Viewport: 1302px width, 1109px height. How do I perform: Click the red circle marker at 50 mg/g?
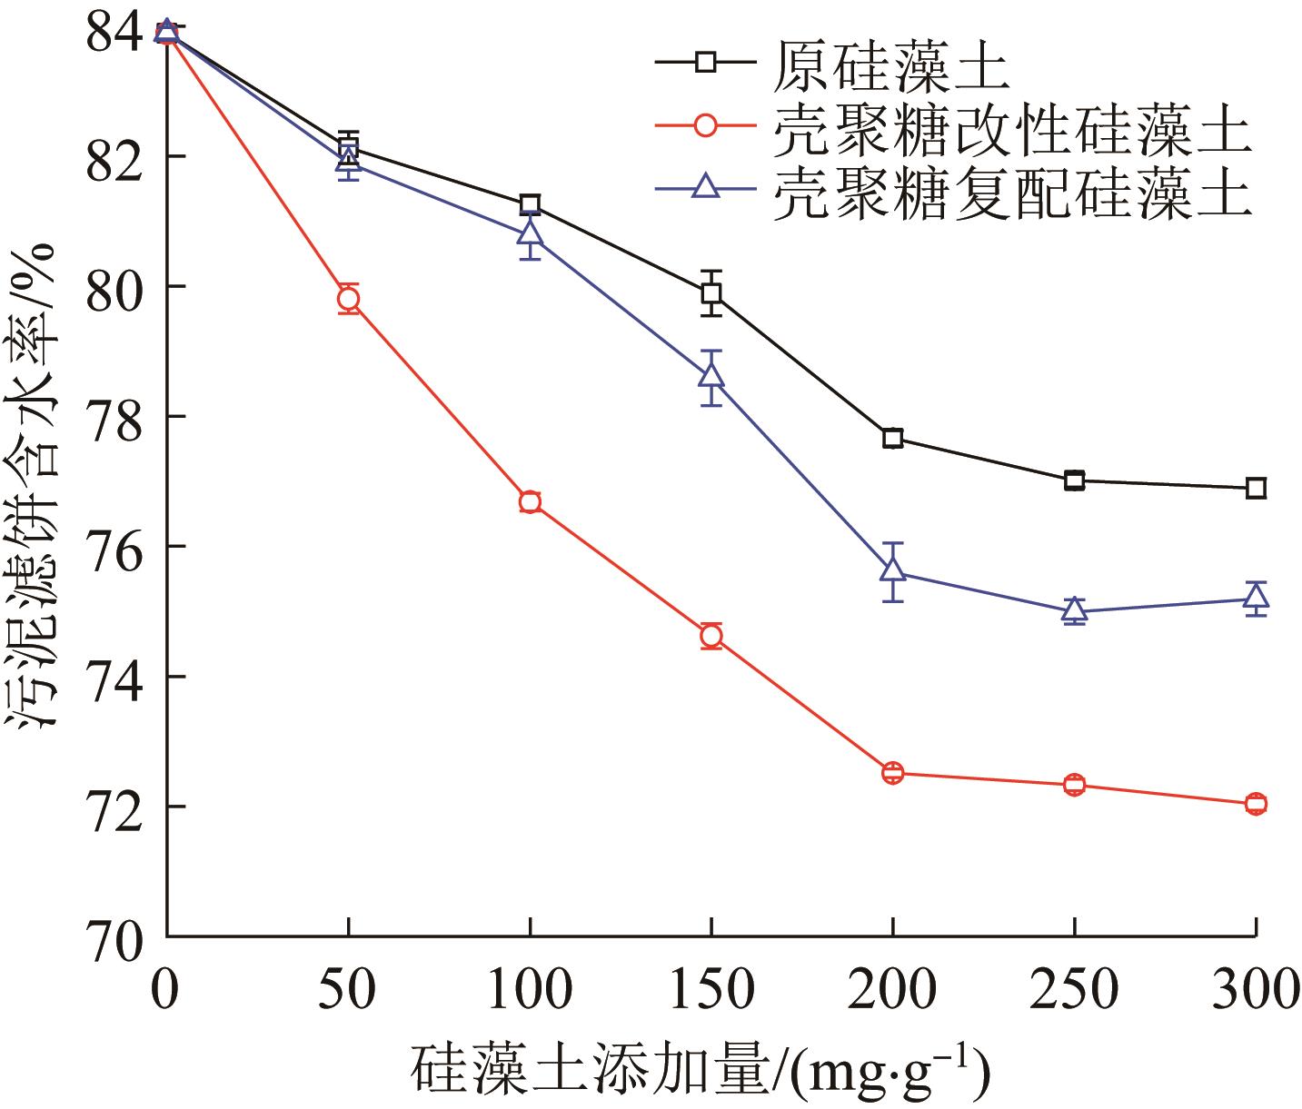(x=348, y=299)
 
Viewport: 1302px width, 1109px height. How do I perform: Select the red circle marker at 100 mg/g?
(x=530, y=502)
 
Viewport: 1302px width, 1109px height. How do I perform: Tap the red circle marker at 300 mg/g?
(x=1256, y=804)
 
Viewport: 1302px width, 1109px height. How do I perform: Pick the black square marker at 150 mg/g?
(x=711, y=292)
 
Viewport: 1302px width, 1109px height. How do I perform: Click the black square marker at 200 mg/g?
(x=893, y=438)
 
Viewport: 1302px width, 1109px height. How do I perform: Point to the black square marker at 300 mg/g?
(x=1256, y=489)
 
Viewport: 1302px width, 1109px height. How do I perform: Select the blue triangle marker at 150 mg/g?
(x=711, y=374)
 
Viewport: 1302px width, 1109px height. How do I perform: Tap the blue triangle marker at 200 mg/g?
(x=893, y=569)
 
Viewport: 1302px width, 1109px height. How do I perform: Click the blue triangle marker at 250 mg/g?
(x=1075, y=609)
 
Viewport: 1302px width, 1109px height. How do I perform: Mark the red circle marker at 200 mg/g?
(x=893, y=774)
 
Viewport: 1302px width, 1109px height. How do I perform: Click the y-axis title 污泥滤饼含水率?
(x=35, y=481)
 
